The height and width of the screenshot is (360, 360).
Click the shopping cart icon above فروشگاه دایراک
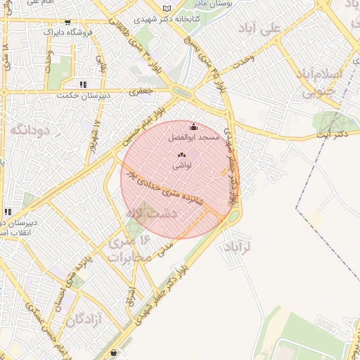67,23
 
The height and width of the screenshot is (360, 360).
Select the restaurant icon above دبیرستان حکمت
84,84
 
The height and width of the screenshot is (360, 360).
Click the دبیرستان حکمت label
77,95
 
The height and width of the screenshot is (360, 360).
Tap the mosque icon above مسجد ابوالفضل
193,127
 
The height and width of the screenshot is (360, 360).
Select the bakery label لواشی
180,165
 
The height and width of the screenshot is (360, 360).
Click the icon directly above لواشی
180,155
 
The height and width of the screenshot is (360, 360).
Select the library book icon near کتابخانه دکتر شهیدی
166,8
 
